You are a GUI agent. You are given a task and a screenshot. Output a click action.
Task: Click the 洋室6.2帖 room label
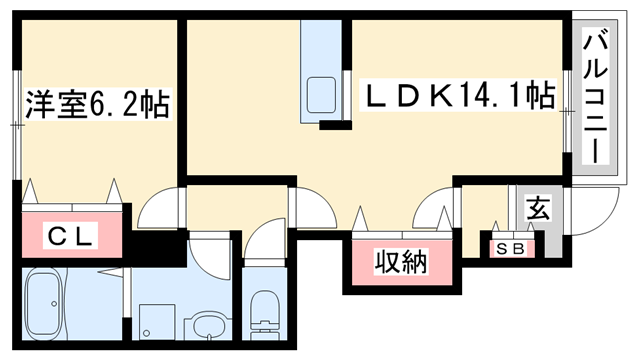tap(98, 103)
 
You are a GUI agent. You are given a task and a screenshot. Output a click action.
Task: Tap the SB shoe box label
tap(511, 248)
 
